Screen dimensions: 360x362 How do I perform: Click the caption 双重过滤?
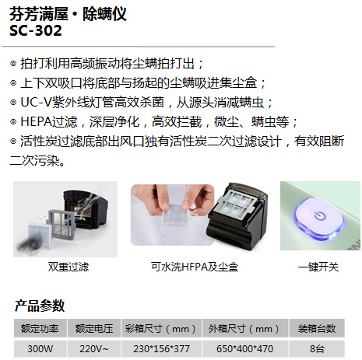point(68,267)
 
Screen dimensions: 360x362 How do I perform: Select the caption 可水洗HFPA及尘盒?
point(191,267)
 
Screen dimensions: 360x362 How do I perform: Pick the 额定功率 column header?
point(39,329)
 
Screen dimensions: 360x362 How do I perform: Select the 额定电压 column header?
point(93,329)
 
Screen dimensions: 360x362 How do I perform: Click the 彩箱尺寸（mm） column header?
point(160,329)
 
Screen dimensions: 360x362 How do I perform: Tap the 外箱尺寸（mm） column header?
point(244,329)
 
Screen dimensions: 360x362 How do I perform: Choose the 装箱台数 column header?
point(318,329)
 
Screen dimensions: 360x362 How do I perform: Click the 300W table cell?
point(39,348)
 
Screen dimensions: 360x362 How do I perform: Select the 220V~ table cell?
point(93,348)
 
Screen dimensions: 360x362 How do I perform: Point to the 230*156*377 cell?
point(160,348)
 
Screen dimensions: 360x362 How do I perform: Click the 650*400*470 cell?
point(244,348)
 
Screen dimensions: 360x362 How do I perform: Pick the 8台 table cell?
point(318,348)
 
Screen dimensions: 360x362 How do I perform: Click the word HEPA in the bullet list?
point(36,122)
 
